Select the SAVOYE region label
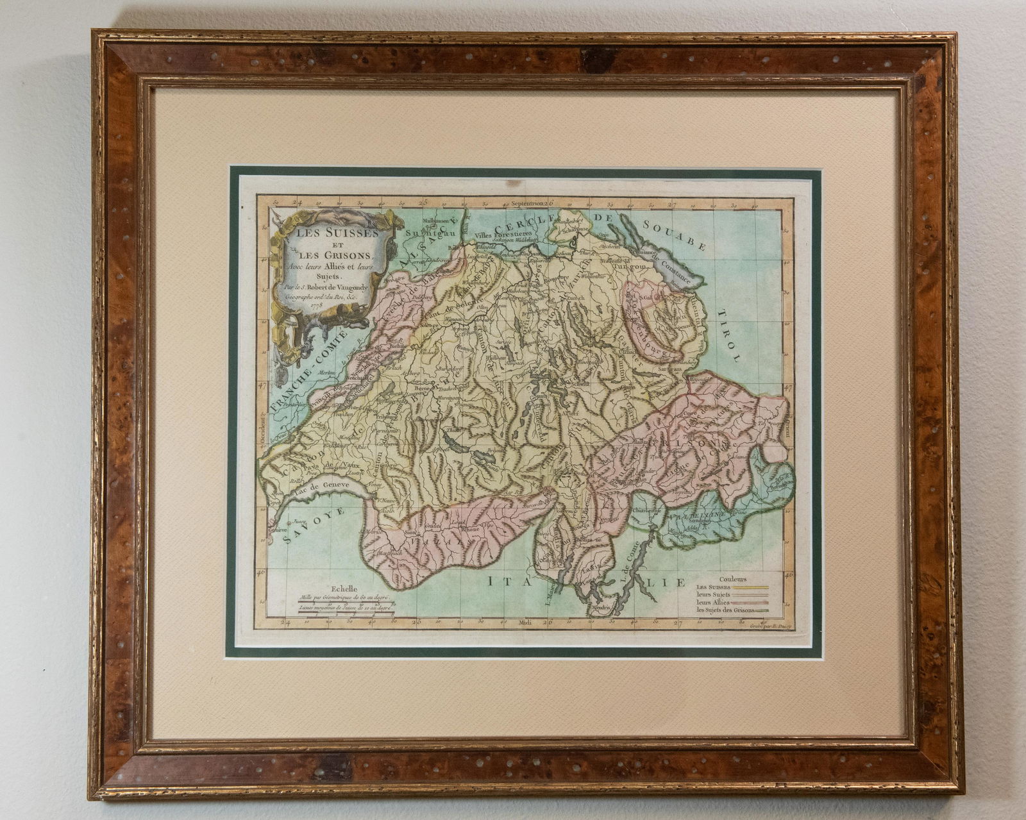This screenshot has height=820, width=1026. click(314, 524)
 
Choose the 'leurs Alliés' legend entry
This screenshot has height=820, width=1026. click(712, 603)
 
